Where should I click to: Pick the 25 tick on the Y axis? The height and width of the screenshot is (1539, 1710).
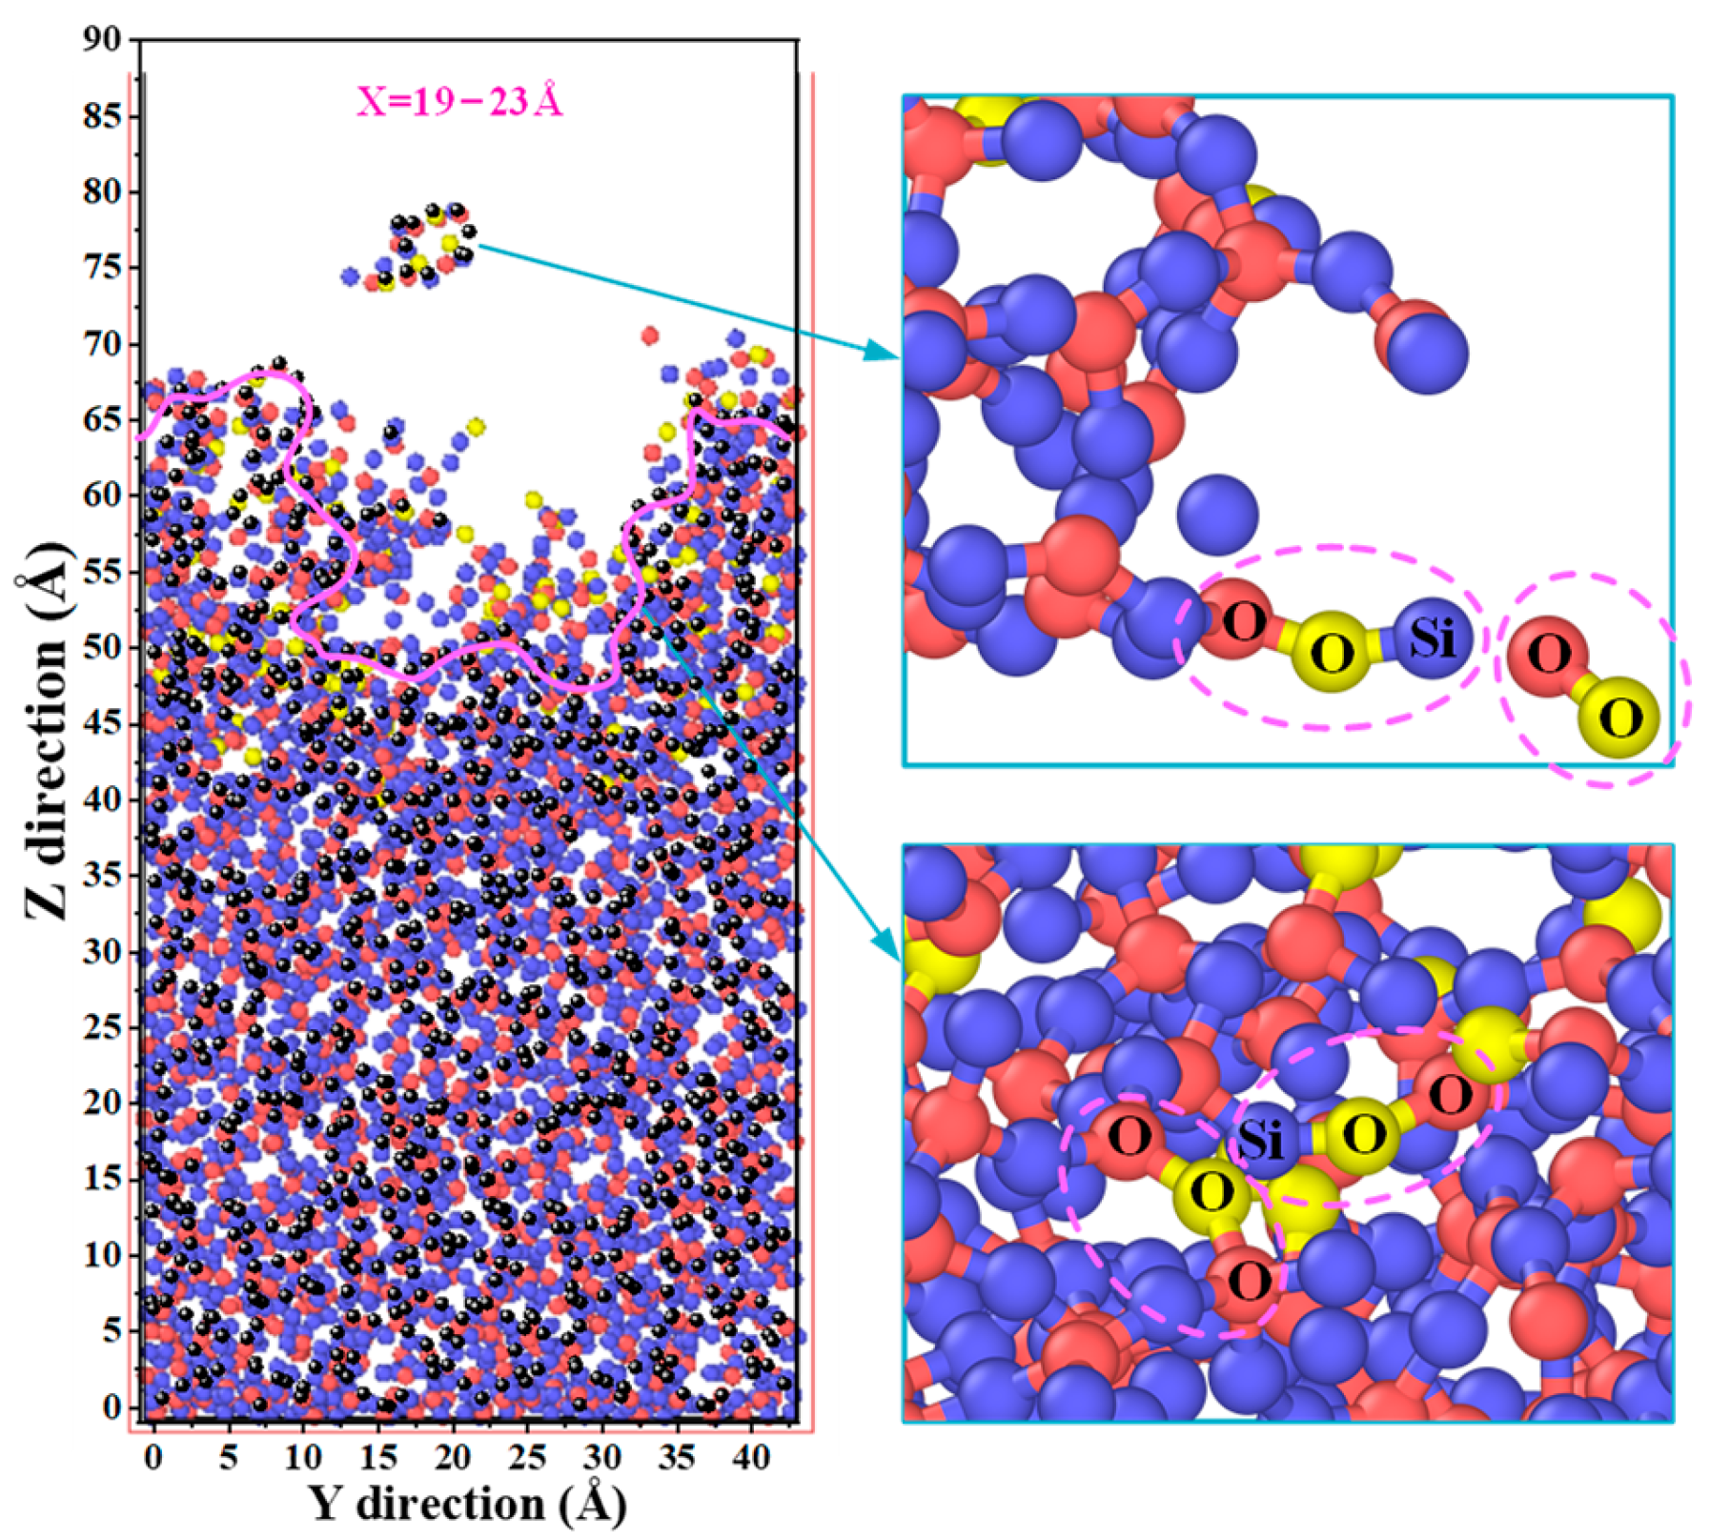click(527, 1457)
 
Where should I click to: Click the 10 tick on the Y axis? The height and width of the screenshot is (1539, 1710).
click(303, 1457)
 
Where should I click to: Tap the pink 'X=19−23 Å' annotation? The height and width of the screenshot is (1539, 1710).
click(459, 101)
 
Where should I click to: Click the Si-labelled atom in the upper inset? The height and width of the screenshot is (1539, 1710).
click(1433, 638)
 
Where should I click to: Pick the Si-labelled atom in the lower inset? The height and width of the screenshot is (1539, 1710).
click(1261, 1140)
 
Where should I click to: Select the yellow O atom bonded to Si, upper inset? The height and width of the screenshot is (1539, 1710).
click(1333, 654)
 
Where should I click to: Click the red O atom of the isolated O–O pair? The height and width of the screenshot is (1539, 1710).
click(1550, 655)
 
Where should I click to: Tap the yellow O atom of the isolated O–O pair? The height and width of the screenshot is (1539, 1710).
click(1620, 717)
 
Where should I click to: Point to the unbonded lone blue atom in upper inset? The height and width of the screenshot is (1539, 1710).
click(1217, 516)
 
